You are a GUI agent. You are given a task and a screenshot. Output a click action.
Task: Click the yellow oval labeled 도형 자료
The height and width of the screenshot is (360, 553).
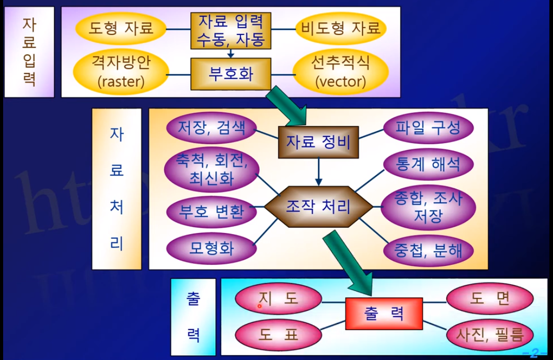(121, 28)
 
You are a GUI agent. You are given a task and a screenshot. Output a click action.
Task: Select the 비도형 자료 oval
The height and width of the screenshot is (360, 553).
(341, 28)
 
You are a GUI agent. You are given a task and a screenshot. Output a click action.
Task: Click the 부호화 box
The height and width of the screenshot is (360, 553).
(231, 73)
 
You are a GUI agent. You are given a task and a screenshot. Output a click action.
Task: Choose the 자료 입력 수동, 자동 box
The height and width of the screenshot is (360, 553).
(231, 30)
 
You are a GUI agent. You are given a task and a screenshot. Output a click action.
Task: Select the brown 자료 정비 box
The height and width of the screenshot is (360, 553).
(318, 142)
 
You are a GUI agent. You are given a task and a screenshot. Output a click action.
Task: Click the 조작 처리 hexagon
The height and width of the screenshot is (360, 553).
(318, 207)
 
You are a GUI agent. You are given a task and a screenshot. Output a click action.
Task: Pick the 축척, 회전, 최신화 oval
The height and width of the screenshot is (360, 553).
(211, 171)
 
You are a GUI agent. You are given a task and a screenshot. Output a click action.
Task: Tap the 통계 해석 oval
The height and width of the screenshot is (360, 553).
(428, 165)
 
